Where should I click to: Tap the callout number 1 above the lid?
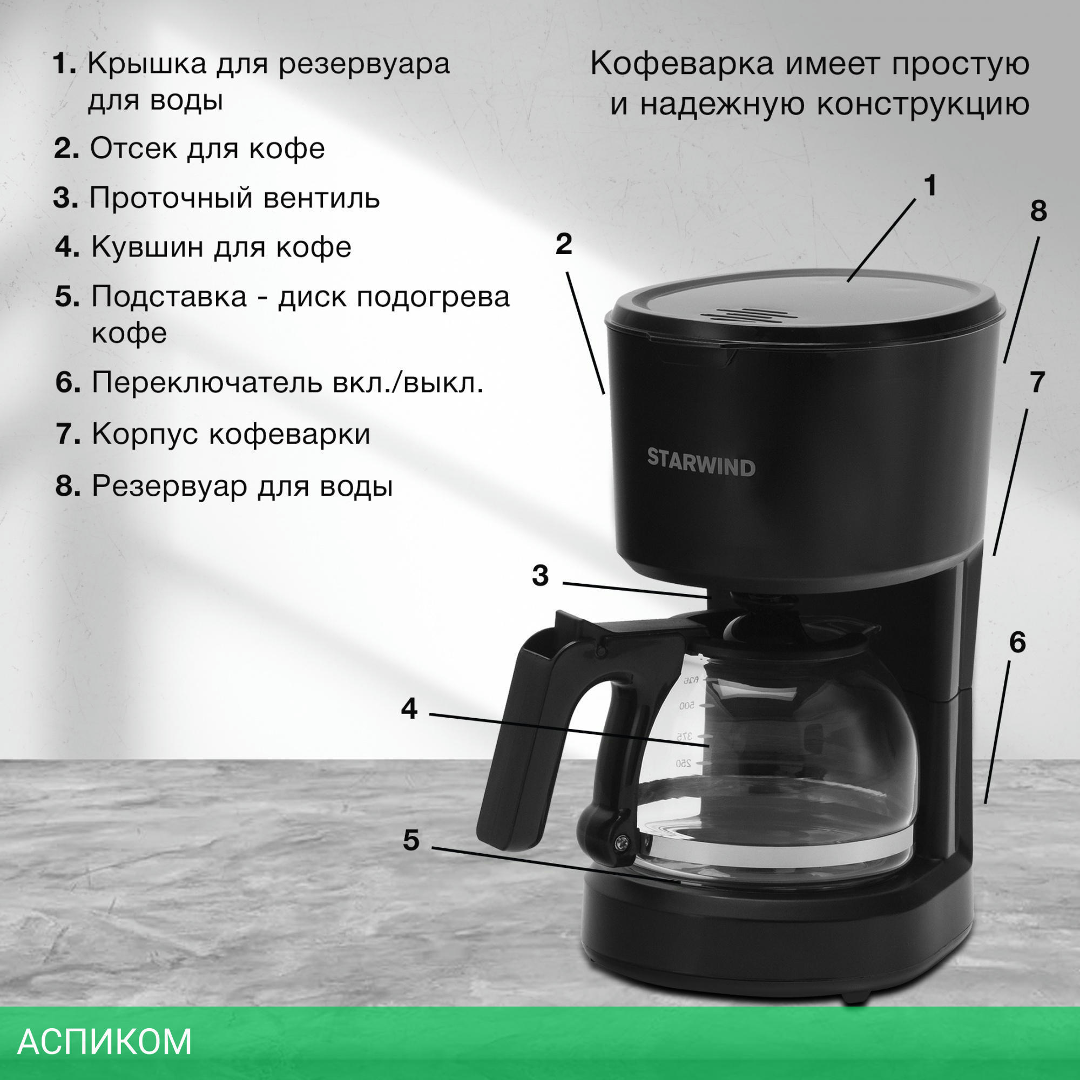(x=930, y=186)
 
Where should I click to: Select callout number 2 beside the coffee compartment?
(x=563, y=244)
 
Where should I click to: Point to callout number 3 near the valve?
(x=540, y=576)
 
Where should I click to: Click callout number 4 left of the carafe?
(x=409, y=709)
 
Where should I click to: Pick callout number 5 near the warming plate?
(x=411, y=840)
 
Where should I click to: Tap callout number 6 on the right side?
(x=1017, y=643)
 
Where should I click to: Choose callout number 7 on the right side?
(x=1037, y=382)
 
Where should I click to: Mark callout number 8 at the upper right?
(x=1038, y=211)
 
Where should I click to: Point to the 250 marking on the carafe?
(x=684, y=763)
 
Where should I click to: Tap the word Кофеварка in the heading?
(x=682, y=64)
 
